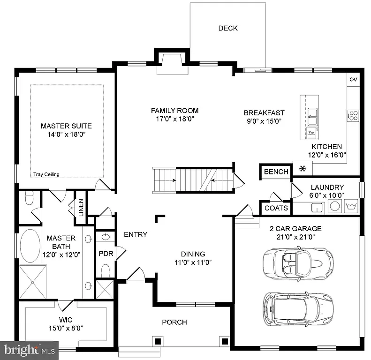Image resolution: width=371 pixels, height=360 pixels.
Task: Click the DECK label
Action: pyautogui.click(x=228, y=28)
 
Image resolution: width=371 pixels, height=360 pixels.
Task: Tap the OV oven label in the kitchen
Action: pyautogui.click(x=353, y=80)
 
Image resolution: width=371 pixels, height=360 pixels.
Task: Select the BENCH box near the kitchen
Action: pyautogui.click(x=276, y=172)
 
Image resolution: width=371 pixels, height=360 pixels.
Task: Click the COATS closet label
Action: pyautogui.click(x=276, y=208)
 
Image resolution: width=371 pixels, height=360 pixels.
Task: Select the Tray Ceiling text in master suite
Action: pyautogui.click(x=46, y=175)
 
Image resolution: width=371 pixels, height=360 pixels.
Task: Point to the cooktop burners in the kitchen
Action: pyautogui.click(x=353, y=115)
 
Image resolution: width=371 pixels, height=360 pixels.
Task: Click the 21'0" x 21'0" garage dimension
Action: pyautogui.click(x=295, y=238)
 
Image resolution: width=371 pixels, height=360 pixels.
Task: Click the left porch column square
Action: pyautogui.click(x=158, y=341)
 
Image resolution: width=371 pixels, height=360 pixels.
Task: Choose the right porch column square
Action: pyautogui.click(x=225, y=341)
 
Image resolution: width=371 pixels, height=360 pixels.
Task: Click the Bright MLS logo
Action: pyautogui.click(x=29, y=350)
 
